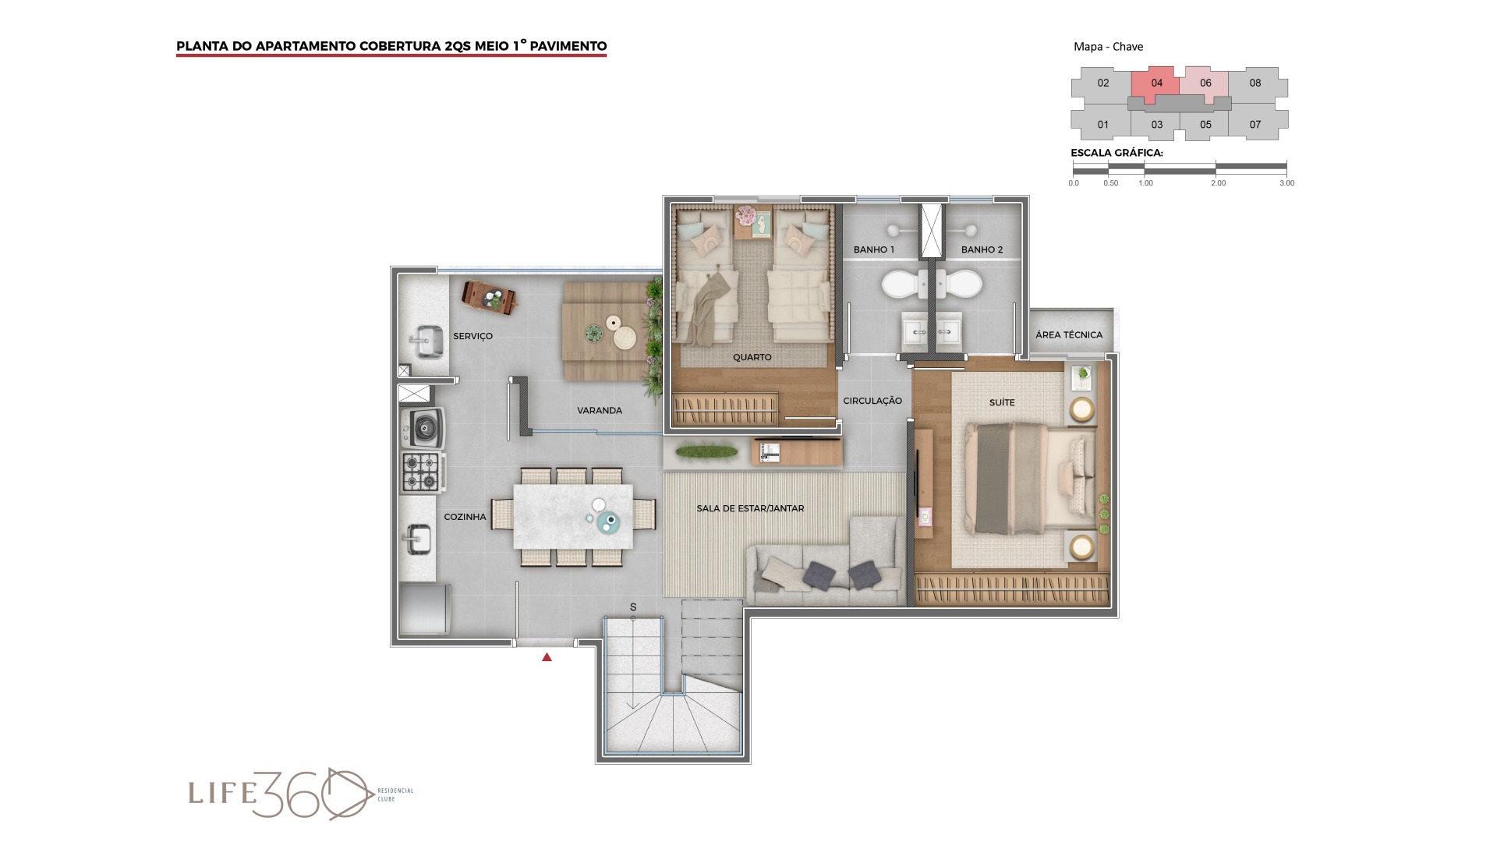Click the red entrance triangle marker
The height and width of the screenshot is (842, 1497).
click(x=547, y=657)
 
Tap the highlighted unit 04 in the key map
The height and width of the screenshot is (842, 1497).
click(x=1156, y=83)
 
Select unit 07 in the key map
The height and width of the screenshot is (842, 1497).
click(x=1255, y=124)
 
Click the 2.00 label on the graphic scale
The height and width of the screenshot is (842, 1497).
click(x=1218, y=183)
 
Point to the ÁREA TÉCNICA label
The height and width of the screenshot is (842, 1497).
click(x=1068, y=334)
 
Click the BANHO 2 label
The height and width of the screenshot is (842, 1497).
click(x=982, y=249)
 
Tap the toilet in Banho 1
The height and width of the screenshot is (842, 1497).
click(x=902, y=285)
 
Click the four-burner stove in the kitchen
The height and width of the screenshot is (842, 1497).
click(x=422, y=472)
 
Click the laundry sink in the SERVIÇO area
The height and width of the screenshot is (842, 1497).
click(x=426, y=341)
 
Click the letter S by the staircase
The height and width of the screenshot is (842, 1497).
click(x=633, y=607)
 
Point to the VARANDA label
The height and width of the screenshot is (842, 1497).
click(x=599, y=410)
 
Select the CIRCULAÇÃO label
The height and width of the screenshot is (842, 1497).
click(x=872, y=401)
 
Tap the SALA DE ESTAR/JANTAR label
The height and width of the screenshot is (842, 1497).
click(x=750, y=508)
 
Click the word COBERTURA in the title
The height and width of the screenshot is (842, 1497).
click(x=399, y=46)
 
